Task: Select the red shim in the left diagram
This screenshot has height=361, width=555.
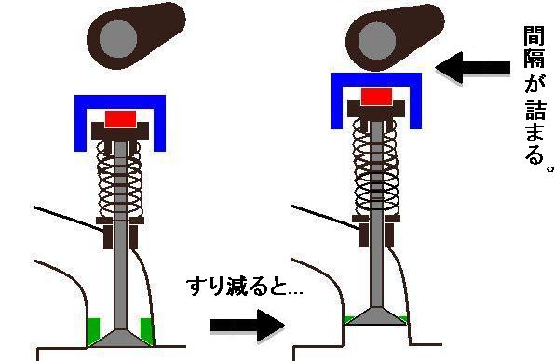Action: point(121,119)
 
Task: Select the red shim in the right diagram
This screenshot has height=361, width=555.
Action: point(377,97)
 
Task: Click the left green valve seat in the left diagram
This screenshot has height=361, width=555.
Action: point(93,328)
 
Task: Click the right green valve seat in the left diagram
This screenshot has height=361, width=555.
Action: point(145,328)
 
